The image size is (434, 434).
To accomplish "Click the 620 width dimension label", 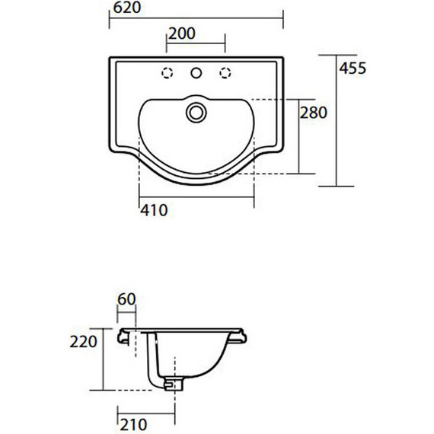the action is point(127,8).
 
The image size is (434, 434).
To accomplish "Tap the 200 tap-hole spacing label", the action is point(182,34).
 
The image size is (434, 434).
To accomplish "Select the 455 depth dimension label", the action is point(353,68).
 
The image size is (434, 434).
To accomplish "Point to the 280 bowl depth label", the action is point(314,113).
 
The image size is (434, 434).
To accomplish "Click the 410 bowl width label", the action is point(154,210).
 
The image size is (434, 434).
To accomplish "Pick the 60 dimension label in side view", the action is point(126,299).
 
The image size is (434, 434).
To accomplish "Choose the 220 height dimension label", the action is point(83,342).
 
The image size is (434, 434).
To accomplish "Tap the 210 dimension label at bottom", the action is point(133,425).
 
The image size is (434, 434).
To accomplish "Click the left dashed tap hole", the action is point(168,73).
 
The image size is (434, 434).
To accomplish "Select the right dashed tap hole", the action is point(225,73).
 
